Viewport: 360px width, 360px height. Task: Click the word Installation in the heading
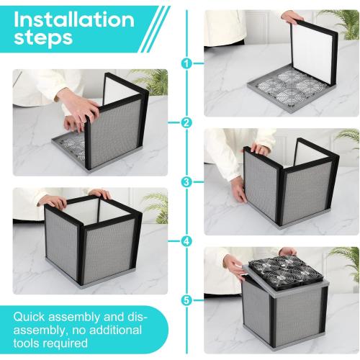tap(73, 19)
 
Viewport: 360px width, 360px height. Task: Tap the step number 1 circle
tap(187, 63)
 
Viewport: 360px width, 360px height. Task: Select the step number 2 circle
tap(187, 122)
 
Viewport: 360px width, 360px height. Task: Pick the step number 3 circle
tap(187, 181)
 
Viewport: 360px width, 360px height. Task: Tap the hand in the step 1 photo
tap(292, 16)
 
